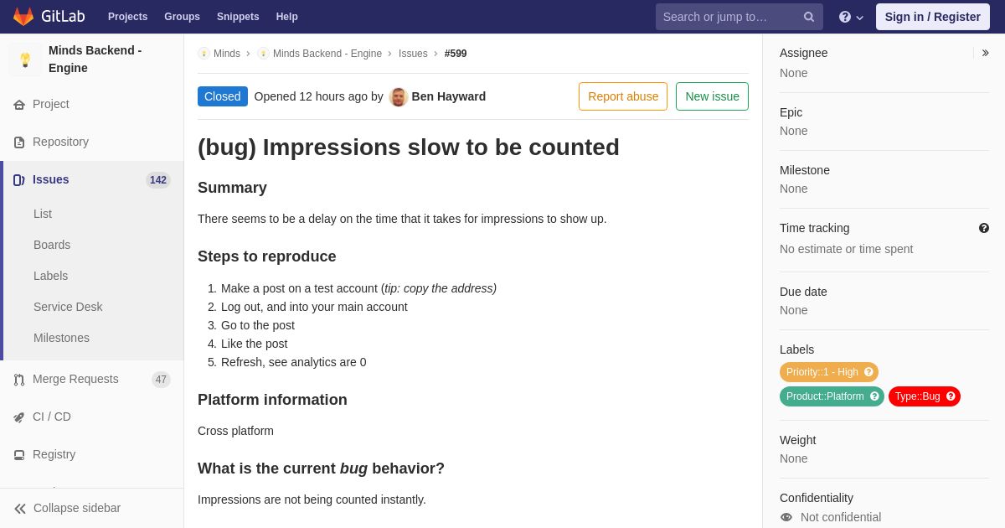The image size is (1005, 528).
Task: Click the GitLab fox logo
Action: point(23,17)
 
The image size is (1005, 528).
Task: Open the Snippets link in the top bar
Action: point(238,17)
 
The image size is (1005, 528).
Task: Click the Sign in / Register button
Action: point(932,17)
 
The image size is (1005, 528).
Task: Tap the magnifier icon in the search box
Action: point(808,17)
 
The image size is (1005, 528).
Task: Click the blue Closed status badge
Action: point(223,96)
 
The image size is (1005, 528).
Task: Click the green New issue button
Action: point(712,96)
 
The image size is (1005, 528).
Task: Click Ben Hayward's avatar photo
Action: point(398,96)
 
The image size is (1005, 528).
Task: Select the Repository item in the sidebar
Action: point(60,142)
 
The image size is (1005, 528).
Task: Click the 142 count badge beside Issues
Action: point(158,180)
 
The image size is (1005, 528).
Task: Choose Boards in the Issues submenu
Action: point(52,245)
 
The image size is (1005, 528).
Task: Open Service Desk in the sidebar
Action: point(68,307)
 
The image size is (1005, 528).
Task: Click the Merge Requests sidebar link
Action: point(75,379)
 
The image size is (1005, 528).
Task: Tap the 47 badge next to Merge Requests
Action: point(161,380)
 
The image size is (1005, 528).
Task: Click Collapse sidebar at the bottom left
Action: point(67,508)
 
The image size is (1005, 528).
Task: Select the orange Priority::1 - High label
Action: point(828,372)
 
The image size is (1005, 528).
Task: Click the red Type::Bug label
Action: point(925,396)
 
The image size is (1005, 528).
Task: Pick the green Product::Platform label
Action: point(832,396)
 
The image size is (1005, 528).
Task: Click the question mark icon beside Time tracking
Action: point(984,228)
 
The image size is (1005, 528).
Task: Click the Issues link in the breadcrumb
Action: point(413,54)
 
